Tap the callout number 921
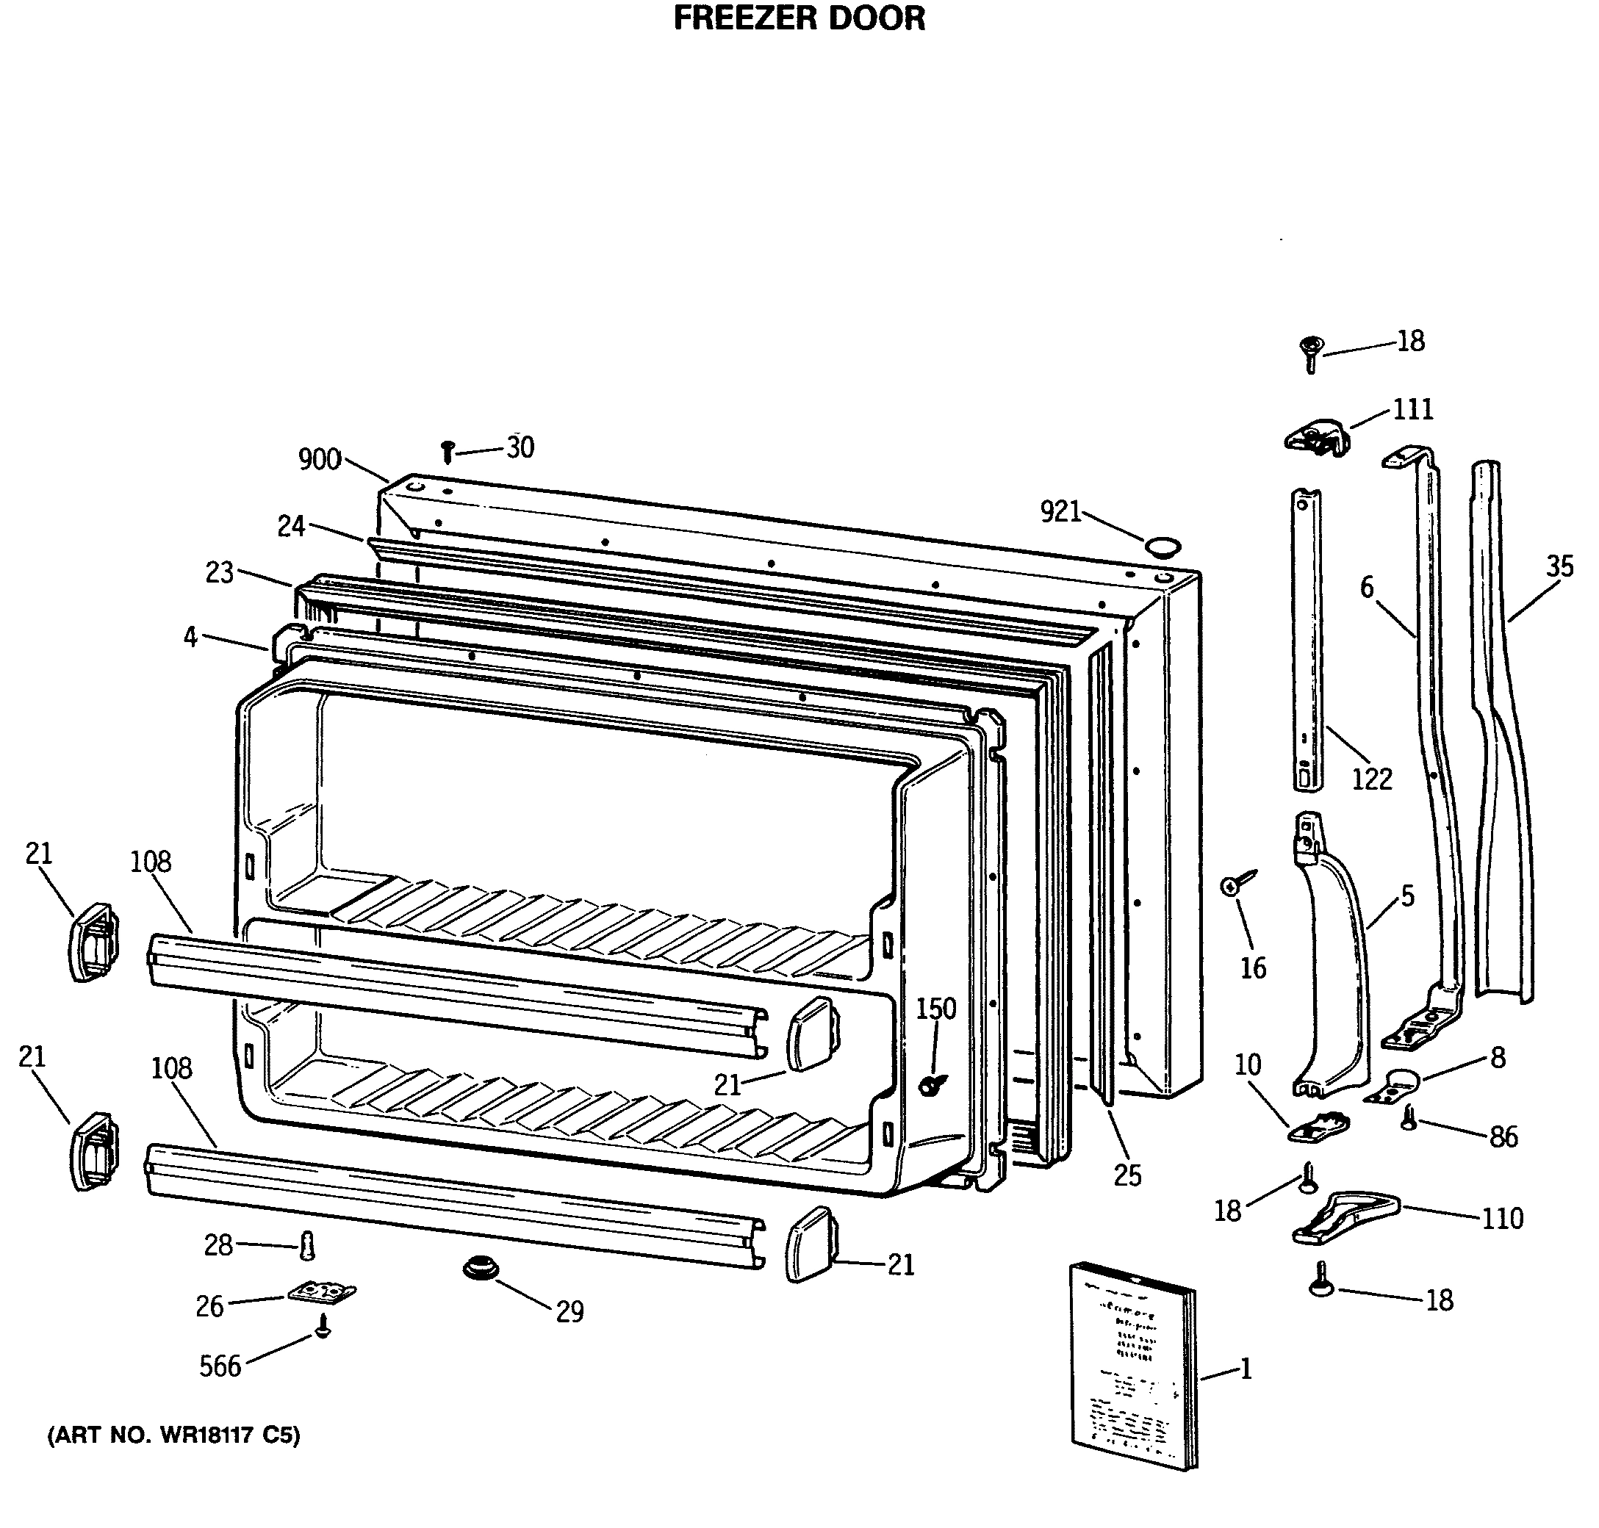click(1060, 512)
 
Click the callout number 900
click(320, 460)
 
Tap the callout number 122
click(1372, 779)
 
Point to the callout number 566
click(220, 1366)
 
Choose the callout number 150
click(936, 1009)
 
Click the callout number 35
click(1559, 566)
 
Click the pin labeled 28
click(307, 1245)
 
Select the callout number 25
click(1127, 1175)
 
